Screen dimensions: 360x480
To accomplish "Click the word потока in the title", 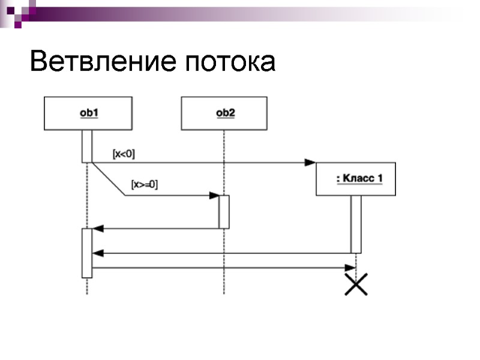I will click(230, 63).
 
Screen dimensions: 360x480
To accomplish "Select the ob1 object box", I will click(88, 113).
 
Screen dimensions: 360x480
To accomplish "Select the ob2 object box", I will click(225, 113).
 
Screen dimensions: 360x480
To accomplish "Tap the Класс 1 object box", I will click(356, 179).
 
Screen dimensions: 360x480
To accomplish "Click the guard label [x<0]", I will click(124, 154).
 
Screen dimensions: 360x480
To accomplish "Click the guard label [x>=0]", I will click(144, 185).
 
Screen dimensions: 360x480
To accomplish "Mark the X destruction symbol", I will click(356, 284).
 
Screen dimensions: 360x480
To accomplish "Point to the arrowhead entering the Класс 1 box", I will click(310, 162).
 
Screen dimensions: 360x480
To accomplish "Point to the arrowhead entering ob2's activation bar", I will click(214, 196).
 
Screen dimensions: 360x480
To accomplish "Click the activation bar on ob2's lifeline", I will click(224, 212).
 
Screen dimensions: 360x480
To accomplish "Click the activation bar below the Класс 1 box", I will click(356, 224).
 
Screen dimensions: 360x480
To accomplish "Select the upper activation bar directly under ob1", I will click(87, 146).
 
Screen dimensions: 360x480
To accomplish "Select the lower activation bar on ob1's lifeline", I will click(87, 253).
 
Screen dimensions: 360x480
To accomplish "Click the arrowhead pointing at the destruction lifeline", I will click(350, 268).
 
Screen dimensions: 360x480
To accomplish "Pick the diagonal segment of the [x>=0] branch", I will click(109, 179).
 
